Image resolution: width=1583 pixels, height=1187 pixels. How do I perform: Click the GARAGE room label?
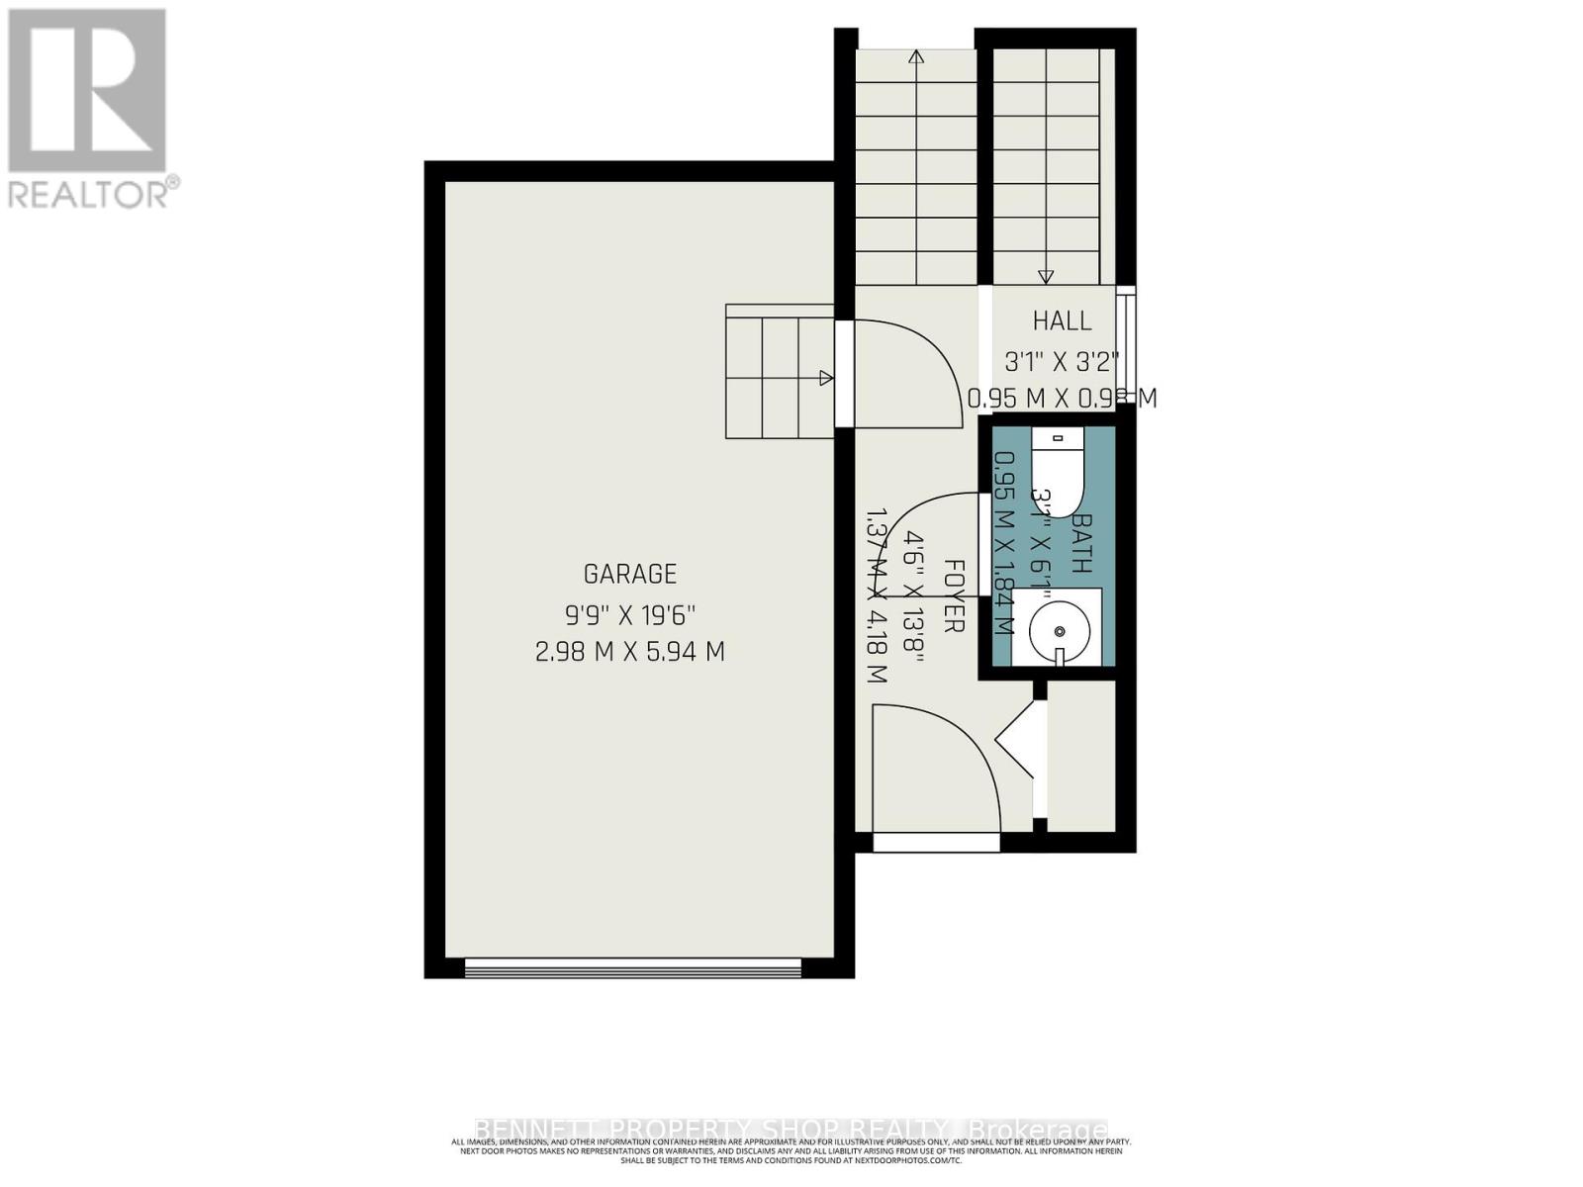click(630, 574)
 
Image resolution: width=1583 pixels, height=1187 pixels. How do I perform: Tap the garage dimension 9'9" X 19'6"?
click(630, 614)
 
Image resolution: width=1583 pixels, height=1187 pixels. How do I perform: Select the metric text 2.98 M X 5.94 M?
click(630, 653)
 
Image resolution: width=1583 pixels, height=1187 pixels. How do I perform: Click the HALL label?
click(1063, 320)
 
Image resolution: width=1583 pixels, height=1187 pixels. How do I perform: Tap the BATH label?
click(1081, 543)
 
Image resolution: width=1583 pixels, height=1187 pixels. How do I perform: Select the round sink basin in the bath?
click(1060, 630)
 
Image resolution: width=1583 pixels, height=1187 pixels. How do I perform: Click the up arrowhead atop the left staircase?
click(916, 57)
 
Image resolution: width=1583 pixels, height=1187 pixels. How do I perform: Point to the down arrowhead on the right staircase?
click(1046, 277)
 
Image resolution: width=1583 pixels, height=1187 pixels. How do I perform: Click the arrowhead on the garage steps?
click(826, 378)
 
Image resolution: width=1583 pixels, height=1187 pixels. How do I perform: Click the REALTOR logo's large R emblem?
click(87, 91)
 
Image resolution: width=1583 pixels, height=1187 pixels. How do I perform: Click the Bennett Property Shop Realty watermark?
click(791, 1130)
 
